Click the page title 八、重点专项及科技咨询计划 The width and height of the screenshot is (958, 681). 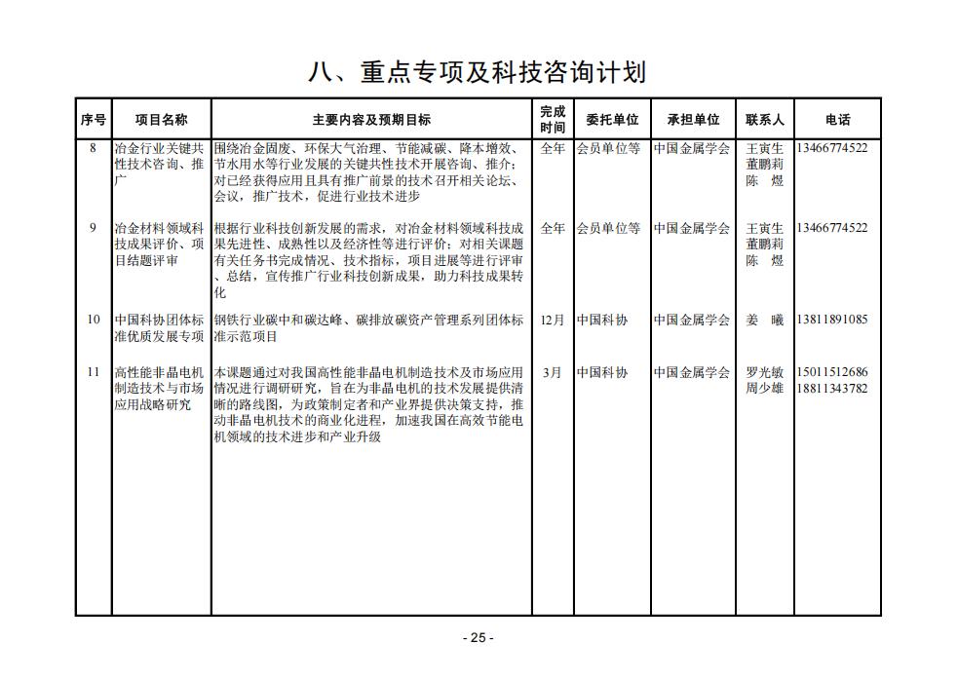pos(478,71)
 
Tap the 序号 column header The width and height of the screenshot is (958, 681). pos(93,120)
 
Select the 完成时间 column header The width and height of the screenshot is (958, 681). pos(553,120)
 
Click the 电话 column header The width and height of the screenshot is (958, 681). pos(837,120)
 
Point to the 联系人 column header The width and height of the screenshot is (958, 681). pos(765,120)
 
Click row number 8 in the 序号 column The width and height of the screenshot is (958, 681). pos(93,148)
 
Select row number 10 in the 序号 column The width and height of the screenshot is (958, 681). pos(93,320)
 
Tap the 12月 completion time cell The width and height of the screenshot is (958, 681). pos(552,320)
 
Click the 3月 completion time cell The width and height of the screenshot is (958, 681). pos(552,372)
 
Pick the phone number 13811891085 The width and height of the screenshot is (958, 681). pos(831,320)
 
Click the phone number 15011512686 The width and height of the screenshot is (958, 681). pos(831,372)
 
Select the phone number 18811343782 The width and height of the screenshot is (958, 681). pos(831,389)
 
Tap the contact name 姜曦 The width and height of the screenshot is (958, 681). pos(765,320)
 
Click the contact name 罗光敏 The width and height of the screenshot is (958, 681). pos(765,372)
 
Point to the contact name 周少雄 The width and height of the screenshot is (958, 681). pos(765,389)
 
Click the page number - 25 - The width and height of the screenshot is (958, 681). pos(478,638)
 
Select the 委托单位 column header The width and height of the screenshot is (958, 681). pos(612,120)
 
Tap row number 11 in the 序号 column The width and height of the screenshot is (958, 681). pos(93,372)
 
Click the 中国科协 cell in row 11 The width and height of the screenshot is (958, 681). pos(602,372)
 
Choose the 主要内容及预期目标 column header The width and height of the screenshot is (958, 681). pos(371,120)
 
